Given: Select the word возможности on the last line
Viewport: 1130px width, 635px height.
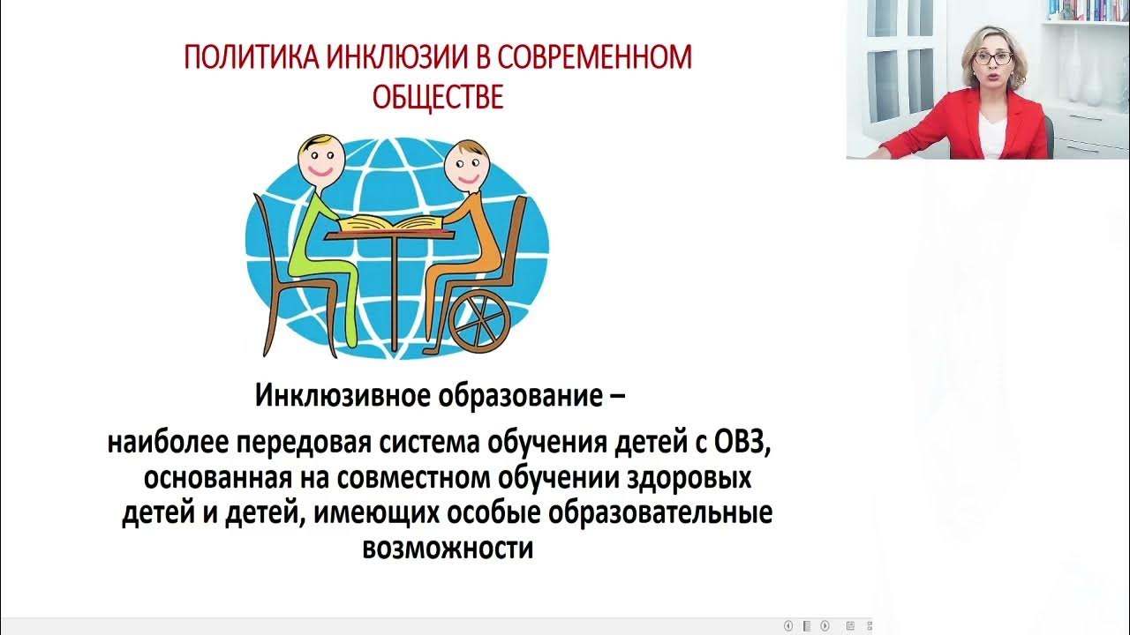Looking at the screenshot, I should click(448, 549).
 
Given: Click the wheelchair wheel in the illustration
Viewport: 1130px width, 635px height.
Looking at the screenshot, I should click(479, 320).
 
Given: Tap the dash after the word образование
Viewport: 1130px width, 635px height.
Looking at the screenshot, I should click(618, 397).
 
